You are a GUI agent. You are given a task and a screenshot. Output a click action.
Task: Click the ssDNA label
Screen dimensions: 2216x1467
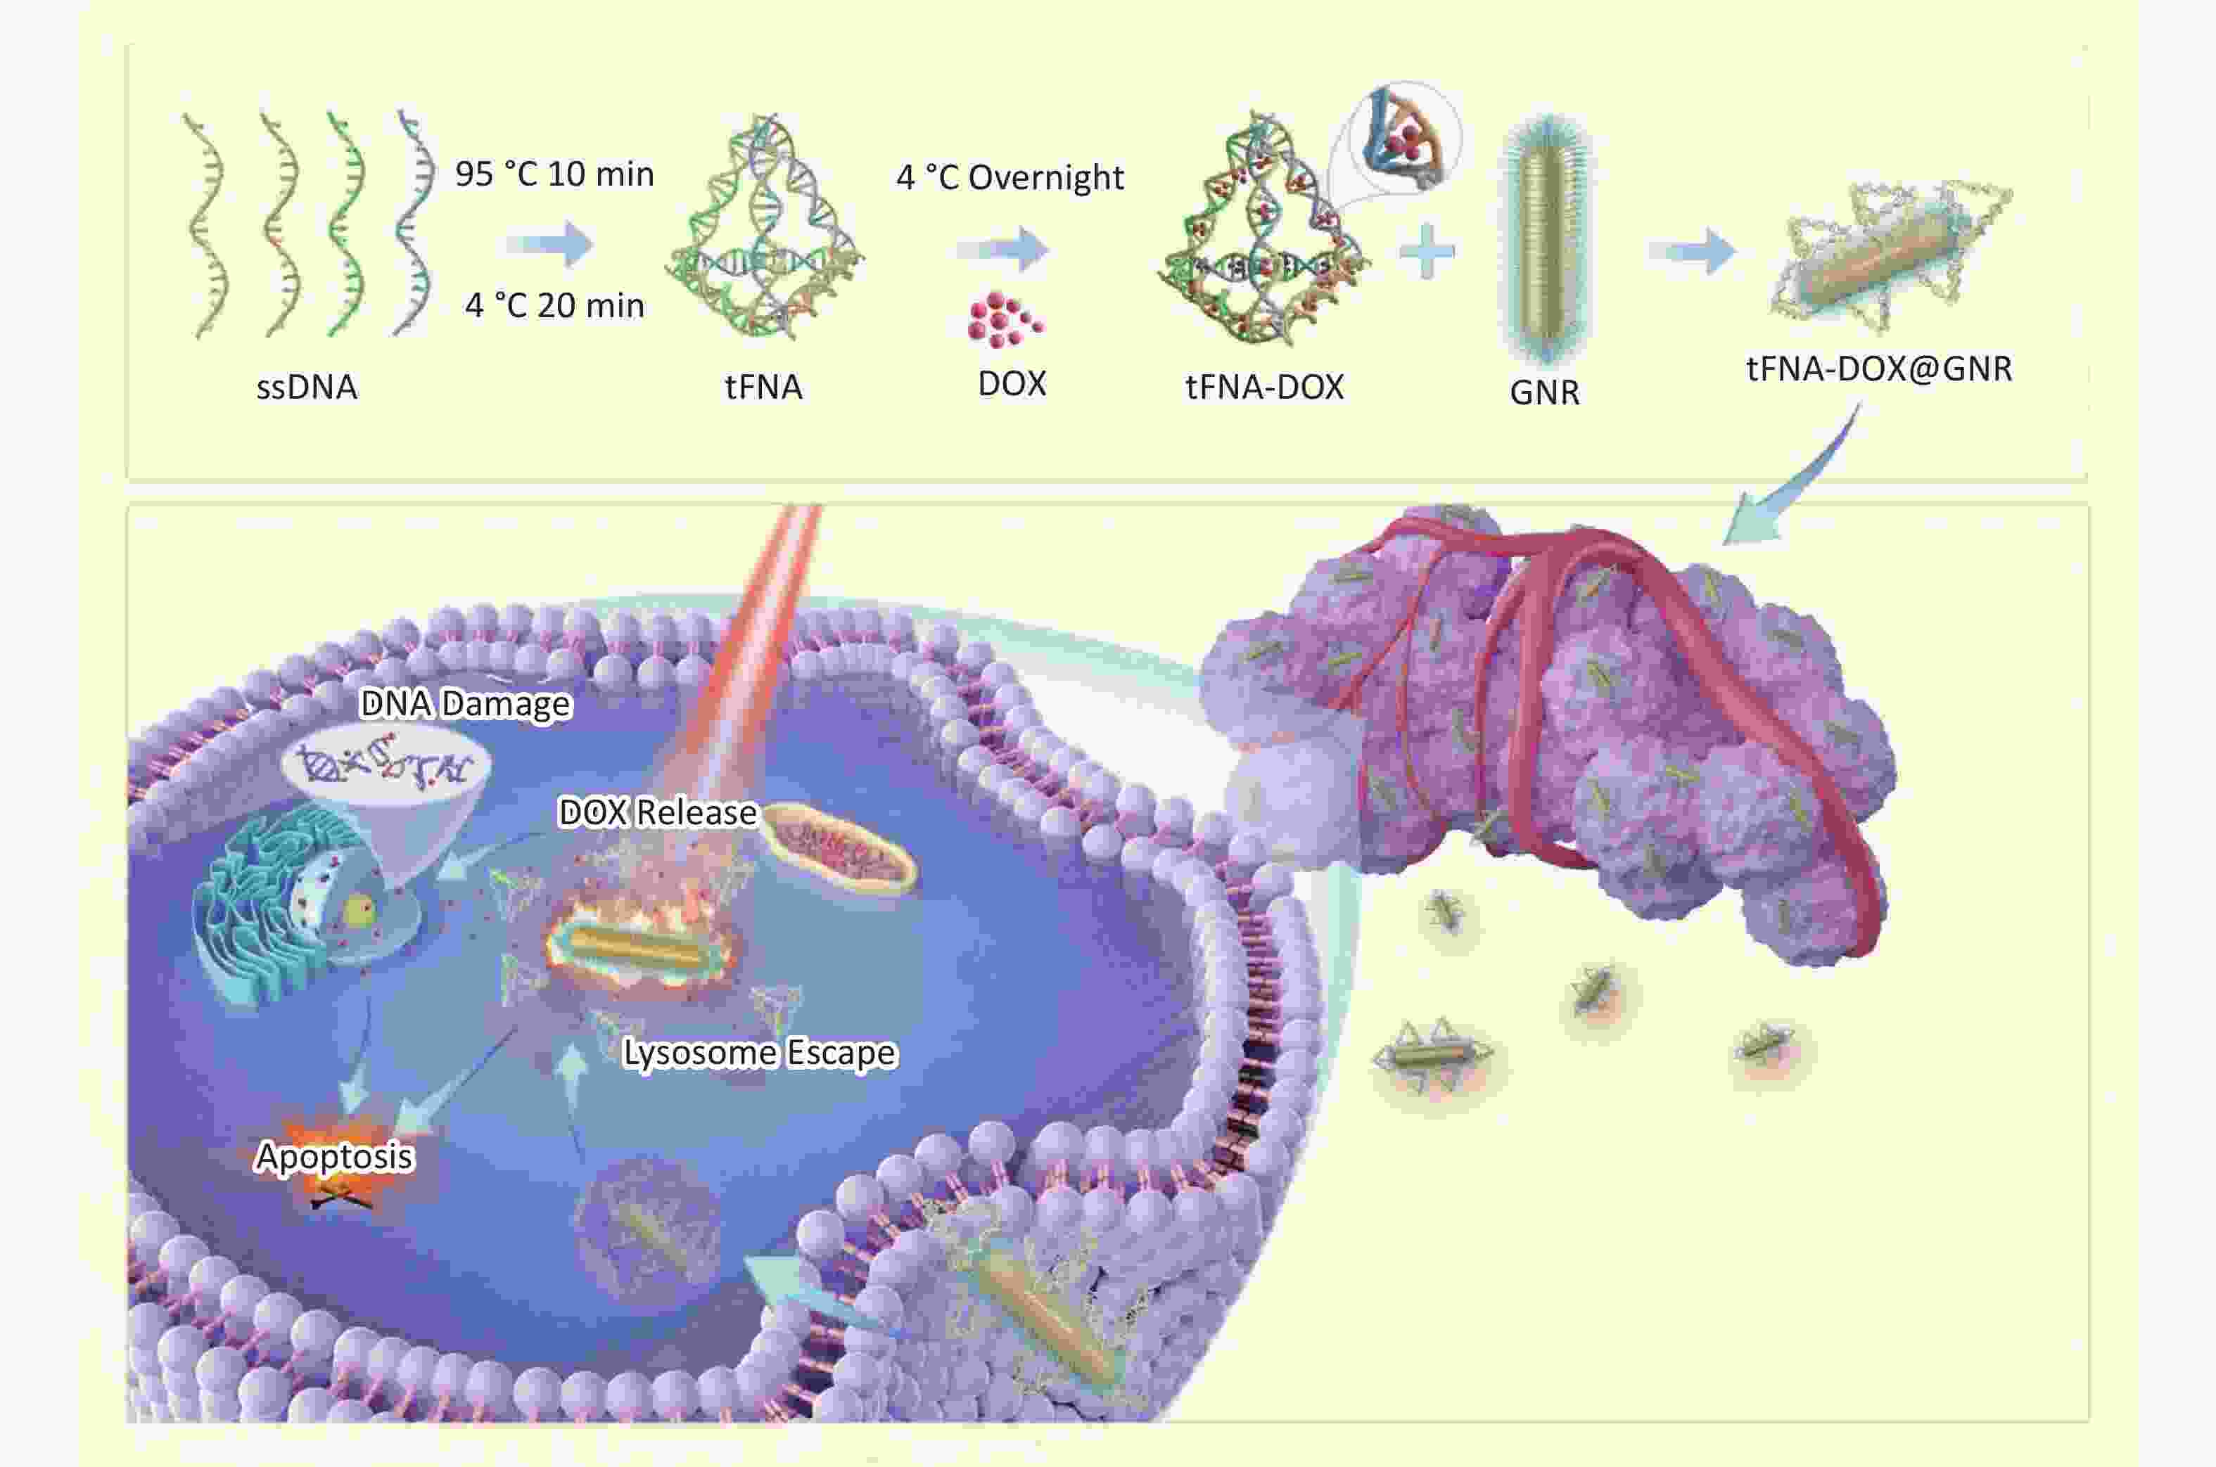[x=307, y=386]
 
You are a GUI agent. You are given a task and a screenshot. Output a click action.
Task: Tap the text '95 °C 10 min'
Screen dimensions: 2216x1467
[x=554, y=174]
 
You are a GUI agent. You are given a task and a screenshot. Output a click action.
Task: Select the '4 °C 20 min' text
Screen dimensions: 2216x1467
[x=554, y=305]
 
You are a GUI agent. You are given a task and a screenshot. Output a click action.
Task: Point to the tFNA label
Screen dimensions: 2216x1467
[x=763, y=386]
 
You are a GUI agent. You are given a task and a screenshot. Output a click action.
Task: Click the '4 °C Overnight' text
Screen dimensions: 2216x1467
[x=1010, y=177]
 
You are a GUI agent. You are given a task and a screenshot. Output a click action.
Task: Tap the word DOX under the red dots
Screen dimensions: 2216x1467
[x=1012, y=383]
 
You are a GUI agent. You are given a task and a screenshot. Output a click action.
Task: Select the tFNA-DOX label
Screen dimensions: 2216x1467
[x=1264, y=386]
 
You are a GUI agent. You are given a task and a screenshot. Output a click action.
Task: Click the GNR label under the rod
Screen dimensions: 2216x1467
[x=1544, y=392]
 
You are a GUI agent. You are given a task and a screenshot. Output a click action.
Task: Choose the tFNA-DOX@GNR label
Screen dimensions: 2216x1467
[x=1879, y=369]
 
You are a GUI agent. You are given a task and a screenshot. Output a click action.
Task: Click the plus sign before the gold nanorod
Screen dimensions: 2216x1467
[x=1427, y=251]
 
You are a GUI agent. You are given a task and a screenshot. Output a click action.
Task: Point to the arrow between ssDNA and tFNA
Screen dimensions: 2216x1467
[x=550, y=244]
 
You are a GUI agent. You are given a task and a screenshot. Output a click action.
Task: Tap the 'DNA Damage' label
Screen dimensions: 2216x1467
[x=465, y=703]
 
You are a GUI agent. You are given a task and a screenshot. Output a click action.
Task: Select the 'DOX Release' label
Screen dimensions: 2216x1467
[x=657, y=812]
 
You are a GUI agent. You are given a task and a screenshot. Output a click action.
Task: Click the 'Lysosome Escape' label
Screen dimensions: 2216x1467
[x=759, y=1053]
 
